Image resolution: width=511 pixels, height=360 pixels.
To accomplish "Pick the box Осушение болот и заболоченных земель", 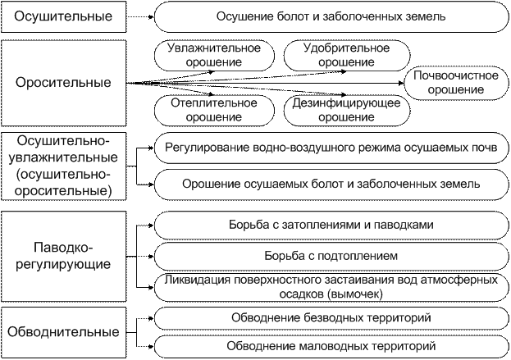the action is (331, 16).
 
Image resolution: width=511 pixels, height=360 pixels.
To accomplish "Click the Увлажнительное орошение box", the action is (214, 55).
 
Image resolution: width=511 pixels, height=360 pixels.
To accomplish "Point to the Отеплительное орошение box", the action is (214, 110).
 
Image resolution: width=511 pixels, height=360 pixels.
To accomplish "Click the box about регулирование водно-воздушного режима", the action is (331, 148).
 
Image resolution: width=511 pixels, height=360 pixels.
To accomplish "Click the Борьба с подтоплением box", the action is (331, 254).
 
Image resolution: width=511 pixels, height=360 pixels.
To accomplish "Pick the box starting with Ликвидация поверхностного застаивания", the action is (331, 286).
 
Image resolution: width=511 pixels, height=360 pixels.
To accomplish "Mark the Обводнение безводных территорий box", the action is (331, 317).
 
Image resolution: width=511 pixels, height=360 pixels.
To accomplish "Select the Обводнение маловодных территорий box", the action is (331, 345).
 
